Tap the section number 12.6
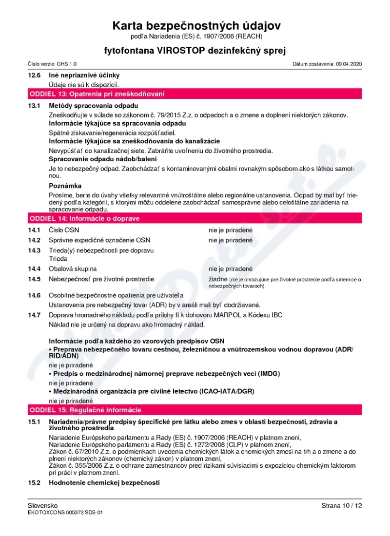point(34,75)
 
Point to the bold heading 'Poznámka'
point(65,186)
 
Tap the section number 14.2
point(34,240)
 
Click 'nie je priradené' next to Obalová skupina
point(231,268)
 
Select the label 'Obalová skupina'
point(73,268)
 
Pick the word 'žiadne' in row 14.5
point(217,279)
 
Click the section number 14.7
point(34,315)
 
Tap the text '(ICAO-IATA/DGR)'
point(227,391)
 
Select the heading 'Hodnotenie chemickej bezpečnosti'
point(104,482)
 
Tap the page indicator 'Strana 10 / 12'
point(342,506)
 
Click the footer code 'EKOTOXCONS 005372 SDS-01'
point(65,513)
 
